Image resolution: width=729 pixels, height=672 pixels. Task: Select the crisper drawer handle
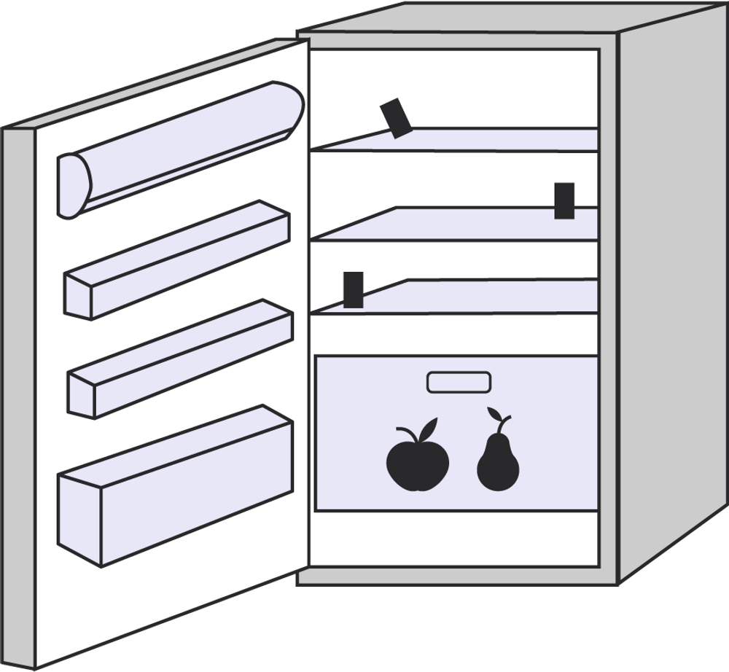(459, 382)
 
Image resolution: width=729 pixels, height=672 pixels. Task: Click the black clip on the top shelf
(396, 118)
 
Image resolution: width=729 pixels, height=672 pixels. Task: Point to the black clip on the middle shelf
(564, 200)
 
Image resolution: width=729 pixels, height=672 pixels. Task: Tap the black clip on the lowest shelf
(354, 289)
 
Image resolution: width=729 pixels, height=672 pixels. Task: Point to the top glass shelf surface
(496, 139)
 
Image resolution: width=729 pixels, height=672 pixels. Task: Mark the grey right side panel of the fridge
(671, 292)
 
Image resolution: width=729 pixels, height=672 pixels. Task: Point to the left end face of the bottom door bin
(79, 517)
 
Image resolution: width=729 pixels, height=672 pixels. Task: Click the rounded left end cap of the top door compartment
(73, 187)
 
